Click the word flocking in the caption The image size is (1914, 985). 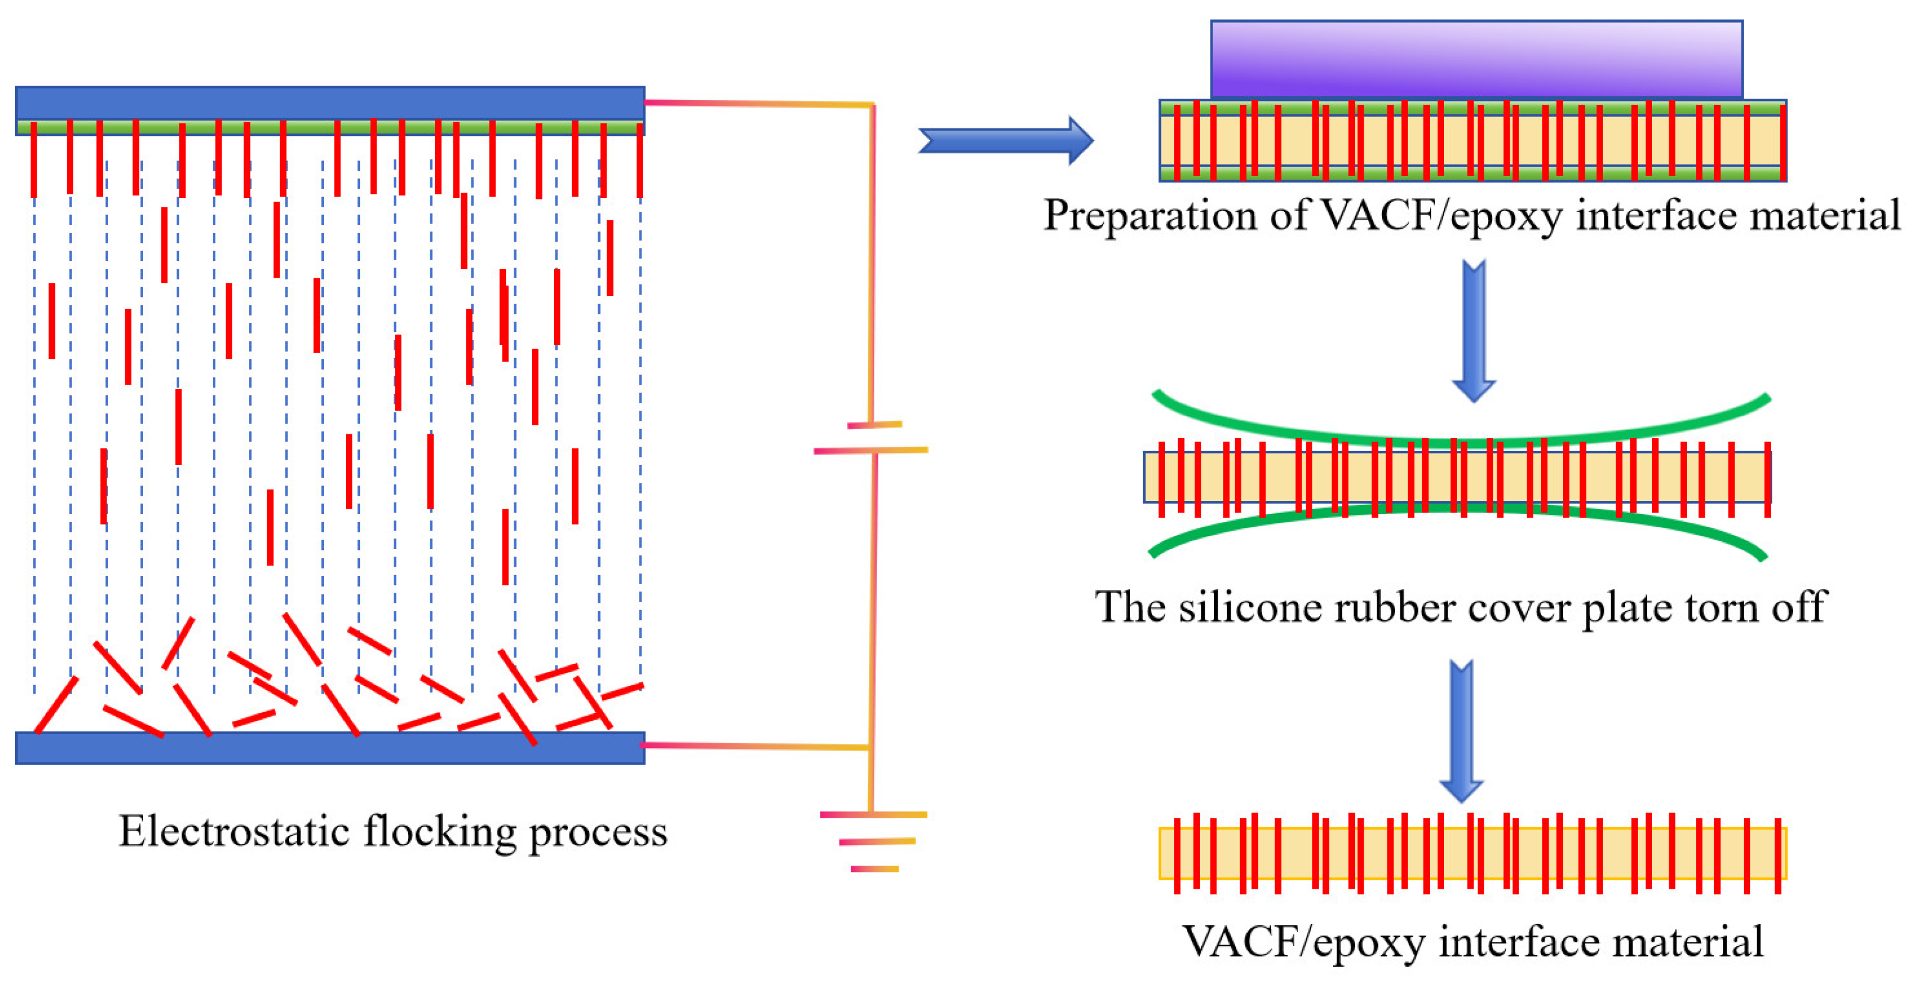coord(439,832)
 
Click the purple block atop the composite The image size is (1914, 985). coord(1475,60)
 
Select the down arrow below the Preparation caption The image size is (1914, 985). coord(1474,330)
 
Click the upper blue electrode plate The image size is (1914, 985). coord(329,102)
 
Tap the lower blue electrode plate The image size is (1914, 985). coord(329,747)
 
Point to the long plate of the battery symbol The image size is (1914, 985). coord(870,450)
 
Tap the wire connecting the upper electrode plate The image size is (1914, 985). coord(758,103)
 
